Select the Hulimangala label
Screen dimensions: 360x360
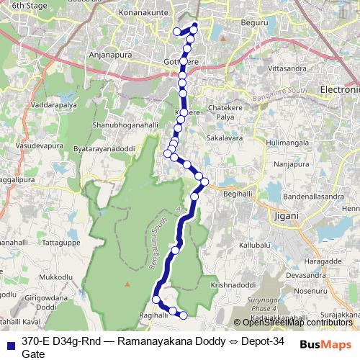(x=286, y=144)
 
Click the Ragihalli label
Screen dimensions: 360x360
(x=153, y=315)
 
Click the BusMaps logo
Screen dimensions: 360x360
(x=325, y=344)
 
